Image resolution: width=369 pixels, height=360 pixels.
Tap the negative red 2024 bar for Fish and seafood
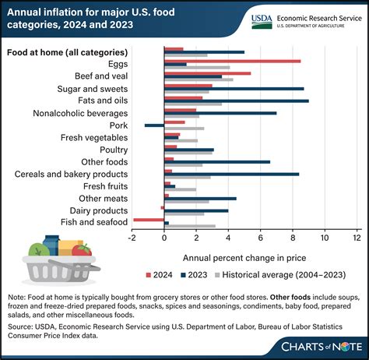149,220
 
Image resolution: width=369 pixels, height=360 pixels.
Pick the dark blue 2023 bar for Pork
154,125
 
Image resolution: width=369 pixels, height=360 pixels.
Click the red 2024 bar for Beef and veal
207,72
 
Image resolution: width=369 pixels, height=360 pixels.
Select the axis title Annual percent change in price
244,256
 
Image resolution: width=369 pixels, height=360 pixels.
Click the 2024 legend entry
160,274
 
